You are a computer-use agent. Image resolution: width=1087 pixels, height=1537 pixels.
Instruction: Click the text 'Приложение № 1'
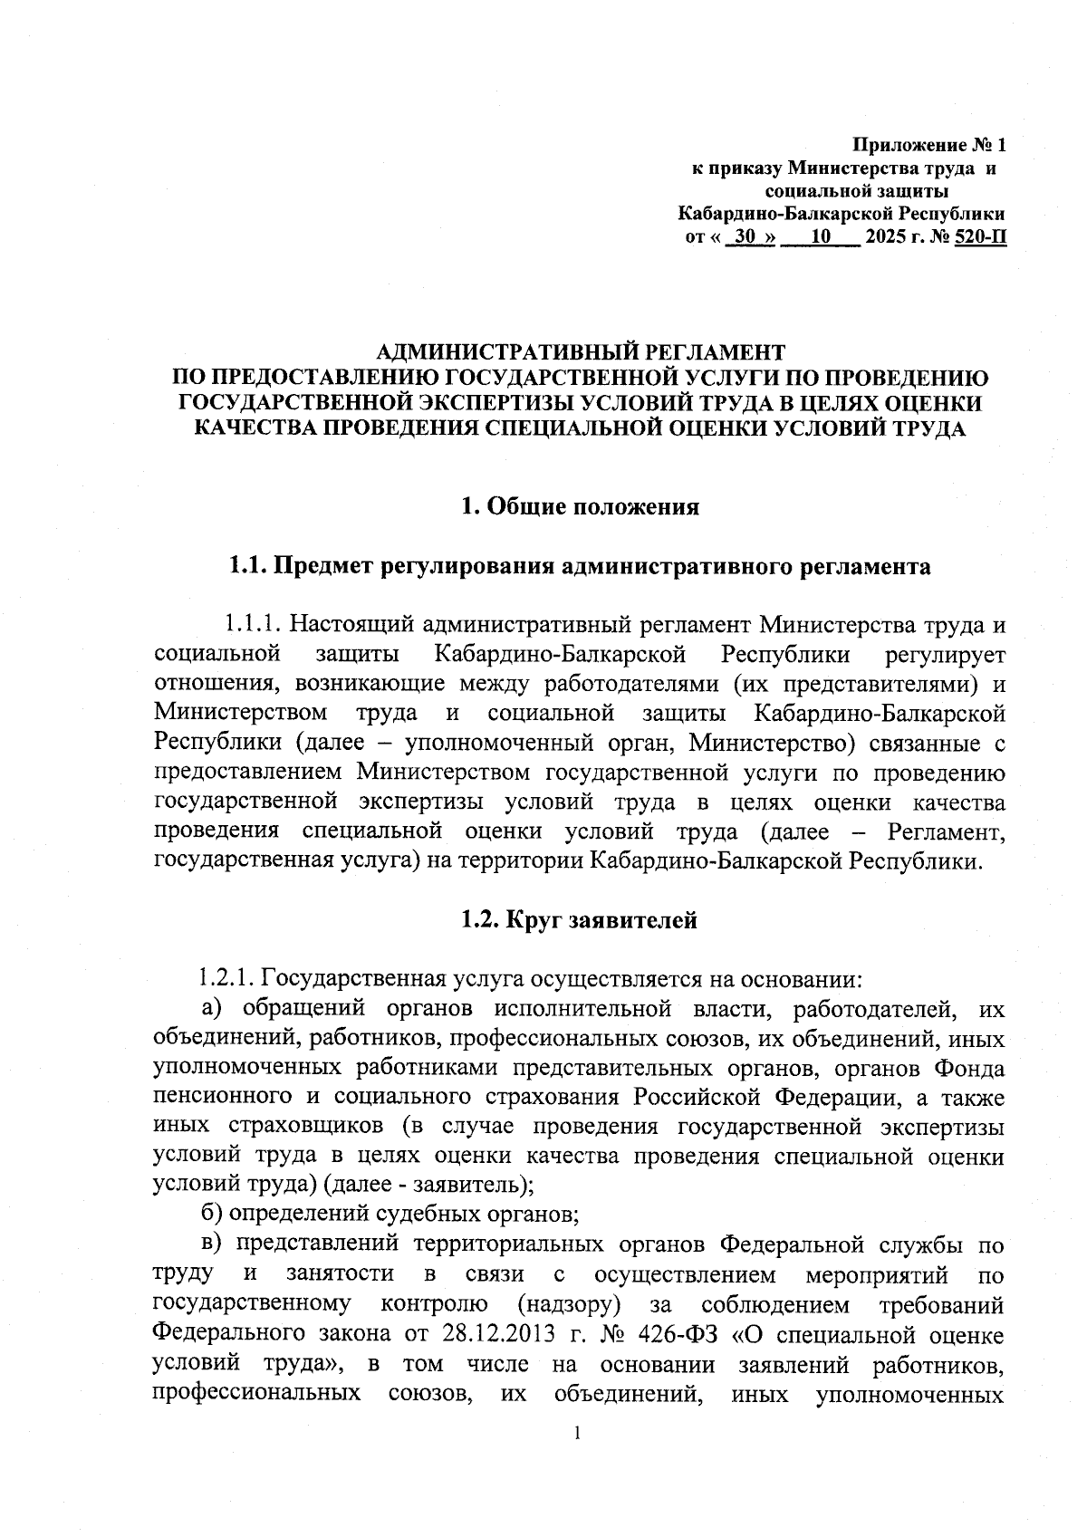tap(930, 145)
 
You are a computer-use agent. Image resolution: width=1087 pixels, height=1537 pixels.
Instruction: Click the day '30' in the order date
tap(746, 238)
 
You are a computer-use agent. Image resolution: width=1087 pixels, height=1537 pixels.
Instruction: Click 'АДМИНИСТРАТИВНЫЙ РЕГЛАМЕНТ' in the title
tap(581, 351)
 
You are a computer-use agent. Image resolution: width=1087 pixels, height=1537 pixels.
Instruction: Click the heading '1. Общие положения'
tap(581, 506)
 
